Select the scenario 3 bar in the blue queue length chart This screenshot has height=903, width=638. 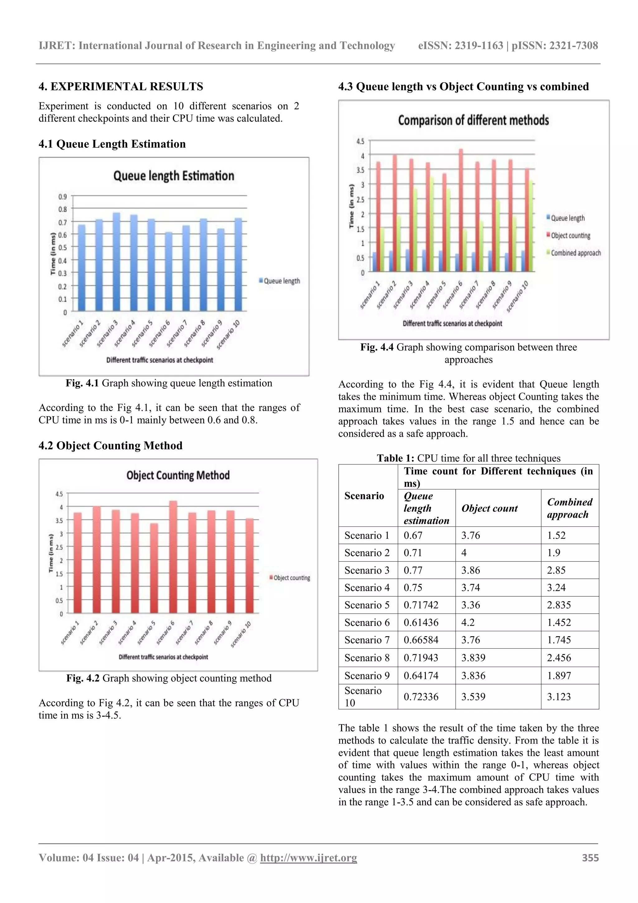pyautogui.click(x=117, y=262)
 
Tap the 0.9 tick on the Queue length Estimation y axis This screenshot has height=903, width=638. pyautogui.click(x=63, y=196)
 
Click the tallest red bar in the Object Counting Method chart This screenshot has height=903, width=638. pyautogui.click(x=173, y=557)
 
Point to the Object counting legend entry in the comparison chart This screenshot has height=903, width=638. pyautogui.click(x=570, y=236)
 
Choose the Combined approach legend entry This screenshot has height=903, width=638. pyautogui.click(x=575, y=253)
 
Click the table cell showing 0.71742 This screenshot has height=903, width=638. pyautogui.click(x=421, y=605)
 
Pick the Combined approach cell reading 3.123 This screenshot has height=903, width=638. pyautogui.click(x=559, y=697)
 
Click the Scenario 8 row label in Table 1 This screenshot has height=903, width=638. pyautogui.click(x=367, y=658)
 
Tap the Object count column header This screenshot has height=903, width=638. pyautogui.click(x=489, y=508)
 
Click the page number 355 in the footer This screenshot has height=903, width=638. pyautogui.click(x=590, y=858)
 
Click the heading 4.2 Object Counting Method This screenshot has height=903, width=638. pyautogui.click(x=111, y=446)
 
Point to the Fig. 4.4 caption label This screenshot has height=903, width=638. pyautogui.click(x=377, y=347)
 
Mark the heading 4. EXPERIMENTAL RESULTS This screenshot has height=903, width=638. pyautogui.click(x=121, y=87)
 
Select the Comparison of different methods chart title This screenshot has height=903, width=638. pyautogui.click(x=473, y=120)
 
